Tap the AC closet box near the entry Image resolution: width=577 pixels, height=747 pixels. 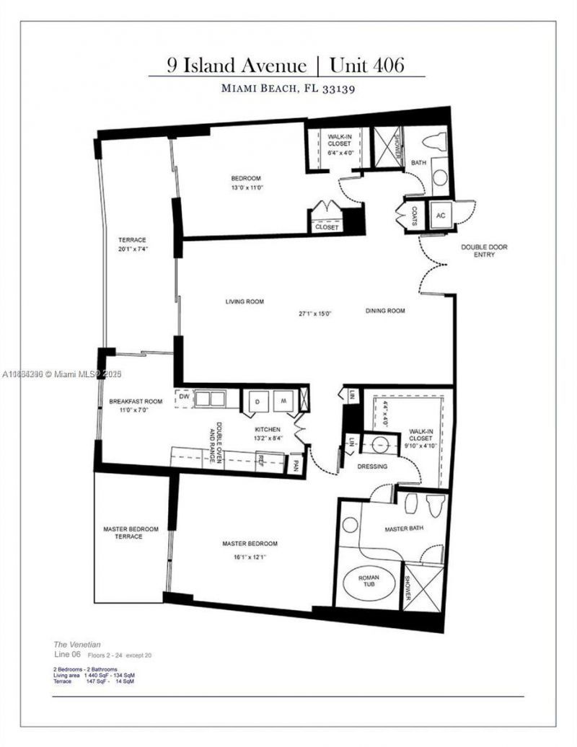coord(439,215)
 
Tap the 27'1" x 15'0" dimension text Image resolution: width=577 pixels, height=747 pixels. coord(315,313)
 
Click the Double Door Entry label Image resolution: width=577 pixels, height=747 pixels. coord(484,251)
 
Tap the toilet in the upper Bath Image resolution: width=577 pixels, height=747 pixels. coord(437,140)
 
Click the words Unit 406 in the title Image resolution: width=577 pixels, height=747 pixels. coord(366,65)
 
